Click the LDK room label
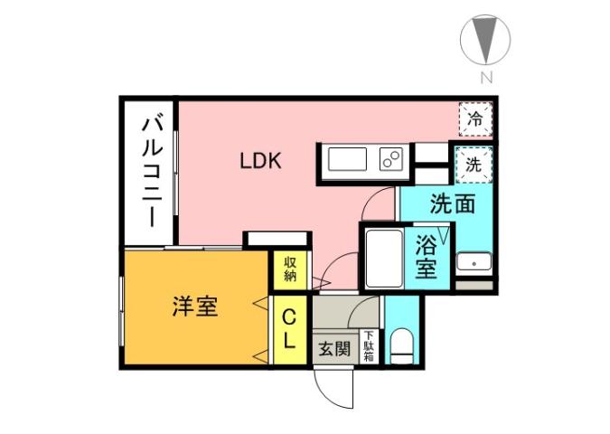click(262, 162)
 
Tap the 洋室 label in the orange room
click(194, 307)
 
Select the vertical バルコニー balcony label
click(149, 172)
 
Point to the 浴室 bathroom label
click(426, 257)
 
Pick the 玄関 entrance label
click(333, 349)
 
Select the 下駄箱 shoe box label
click(370, 346)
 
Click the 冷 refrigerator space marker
click(475, 118)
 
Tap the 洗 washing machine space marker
click(473, 165)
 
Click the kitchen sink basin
click(347, 161)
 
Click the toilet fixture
click(401, 345)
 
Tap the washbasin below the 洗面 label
click(473, 263)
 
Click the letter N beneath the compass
click(486, 78)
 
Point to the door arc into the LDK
click(334, 270)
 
